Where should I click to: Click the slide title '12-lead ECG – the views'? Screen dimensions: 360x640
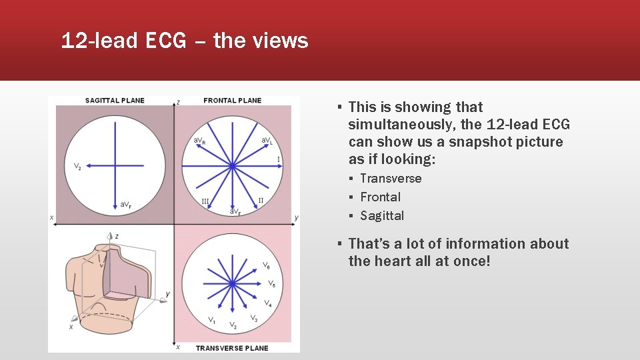[185, 41]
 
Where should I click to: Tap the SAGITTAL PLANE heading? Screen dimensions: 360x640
[115, 101]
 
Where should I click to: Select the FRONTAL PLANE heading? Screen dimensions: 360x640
[232, 101]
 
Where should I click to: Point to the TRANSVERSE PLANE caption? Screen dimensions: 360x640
[231, 348]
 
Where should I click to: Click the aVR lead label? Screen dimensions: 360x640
[199, 141]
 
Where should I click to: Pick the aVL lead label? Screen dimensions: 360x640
[267, 141]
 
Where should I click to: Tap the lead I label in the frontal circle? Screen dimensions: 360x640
[278, 159]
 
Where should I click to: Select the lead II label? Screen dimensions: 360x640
[261, 200]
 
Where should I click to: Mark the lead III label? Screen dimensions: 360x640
[205, 201]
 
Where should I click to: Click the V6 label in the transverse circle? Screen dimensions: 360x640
[266, 266]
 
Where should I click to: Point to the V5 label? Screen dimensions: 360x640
[271, 284]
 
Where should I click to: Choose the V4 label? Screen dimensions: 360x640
[267, 303]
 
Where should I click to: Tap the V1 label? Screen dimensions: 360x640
[211, 321]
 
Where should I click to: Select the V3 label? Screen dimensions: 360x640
[254, 319]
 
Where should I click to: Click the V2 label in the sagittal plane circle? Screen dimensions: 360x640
[77, 167]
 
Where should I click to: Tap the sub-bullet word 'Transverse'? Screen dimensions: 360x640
[391, 179]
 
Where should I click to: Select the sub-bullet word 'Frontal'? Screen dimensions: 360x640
[380, 197]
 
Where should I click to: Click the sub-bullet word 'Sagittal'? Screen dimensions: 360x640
[382, 216]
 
